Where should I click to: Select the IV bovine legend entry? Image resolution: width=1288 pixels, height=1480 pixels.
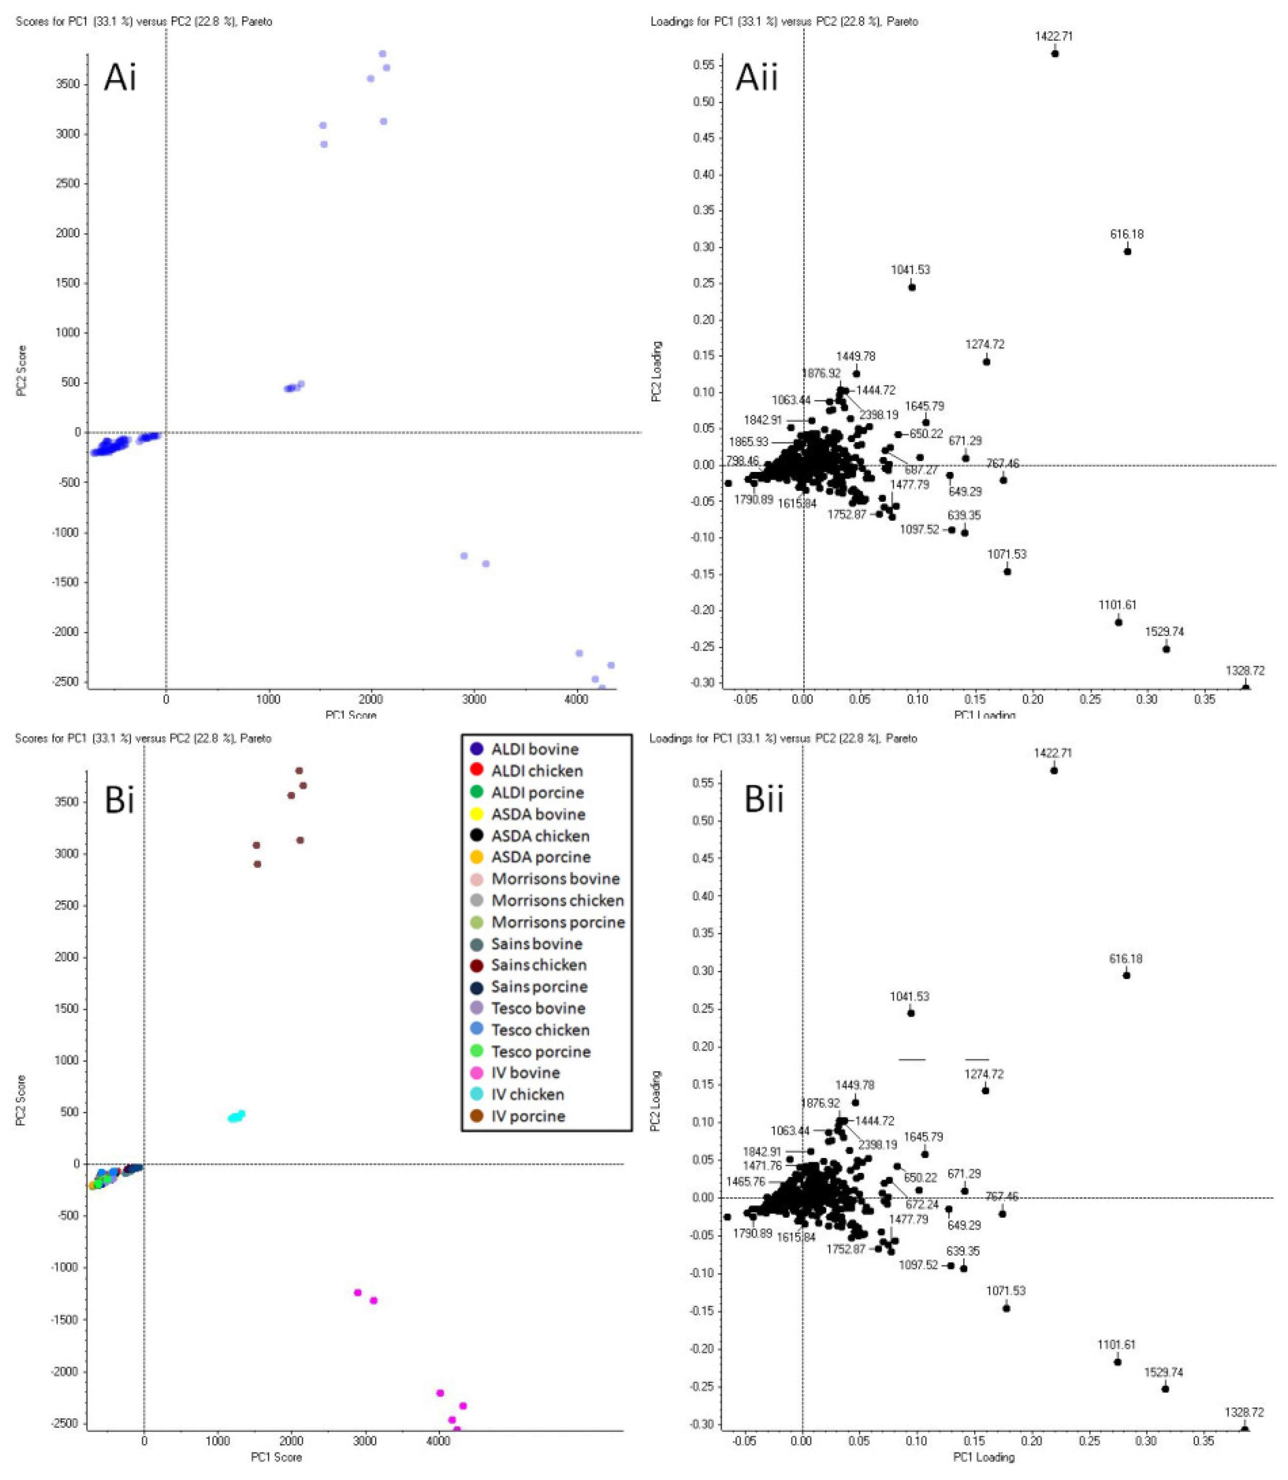point(525,1073)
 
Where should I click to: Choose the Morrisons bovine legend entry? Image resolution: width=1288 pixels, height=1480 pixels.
point(555,878)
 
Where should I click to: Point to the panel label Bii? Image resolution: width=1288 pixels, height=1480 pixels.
point(763,800)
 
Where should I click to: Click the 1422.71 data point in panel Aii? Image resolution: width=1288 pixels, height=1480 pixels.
point(1055,53)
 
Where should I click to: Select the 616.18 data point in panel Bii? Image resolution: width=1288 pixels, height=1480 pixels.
point(1126,975)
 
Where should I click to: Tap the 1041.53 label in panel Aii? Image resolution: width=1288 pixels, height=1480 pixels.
point(910,270)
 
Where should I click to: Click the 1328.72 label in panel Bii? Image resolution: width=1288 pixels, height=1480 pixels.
point(1244,1412)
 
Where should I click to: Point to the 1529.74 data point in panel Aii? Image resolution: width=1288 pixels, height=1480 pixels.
point(1166,649)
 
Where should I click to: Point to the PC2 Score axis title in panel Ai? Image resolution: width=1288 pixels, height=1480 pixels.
point(21,371)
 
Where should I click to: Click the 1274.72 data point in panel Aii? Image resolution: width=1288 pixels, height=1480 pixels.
point(986,362)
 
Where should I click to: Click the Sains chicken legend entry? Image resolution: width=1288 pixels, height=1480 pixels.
point(538,965)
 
